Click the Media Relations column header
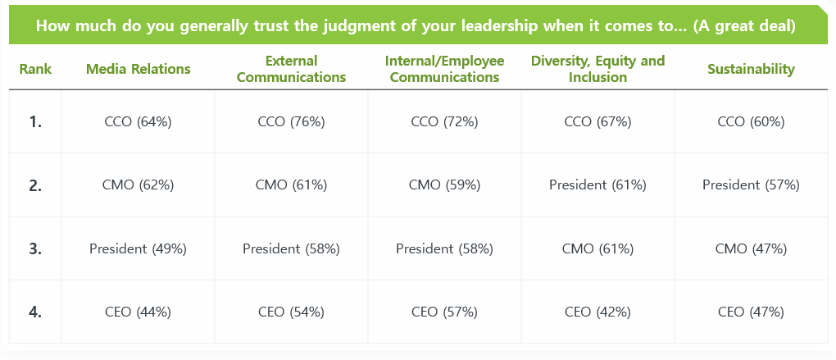click(138, 69)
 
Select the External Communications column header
click(291, 69)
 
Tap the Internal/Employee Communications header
click(444, 69)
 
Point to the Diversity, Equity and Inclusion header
click(597, 69)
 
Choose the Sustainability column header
click(751, 69)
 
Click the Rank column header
click(35, 69)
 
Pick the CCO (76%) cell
click(291, 121)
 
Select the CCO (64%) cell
click(138, 121)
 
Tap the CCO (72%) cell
click(444, 121)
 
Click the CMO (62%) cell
click(138, 185)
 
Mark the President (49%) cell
click(138, 248)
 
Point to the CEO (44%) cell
click(138, 312)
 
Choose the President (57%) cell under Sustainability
click(751, 185)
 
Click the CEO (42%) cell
click(597, 312)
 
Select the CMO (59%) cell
click(444, 185)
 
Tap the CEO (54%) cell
click(291, 312)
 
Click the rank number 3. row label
click(35, 248)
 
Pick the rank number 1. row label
click(35, 121)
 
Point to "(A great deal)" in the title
click(744, 25)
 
